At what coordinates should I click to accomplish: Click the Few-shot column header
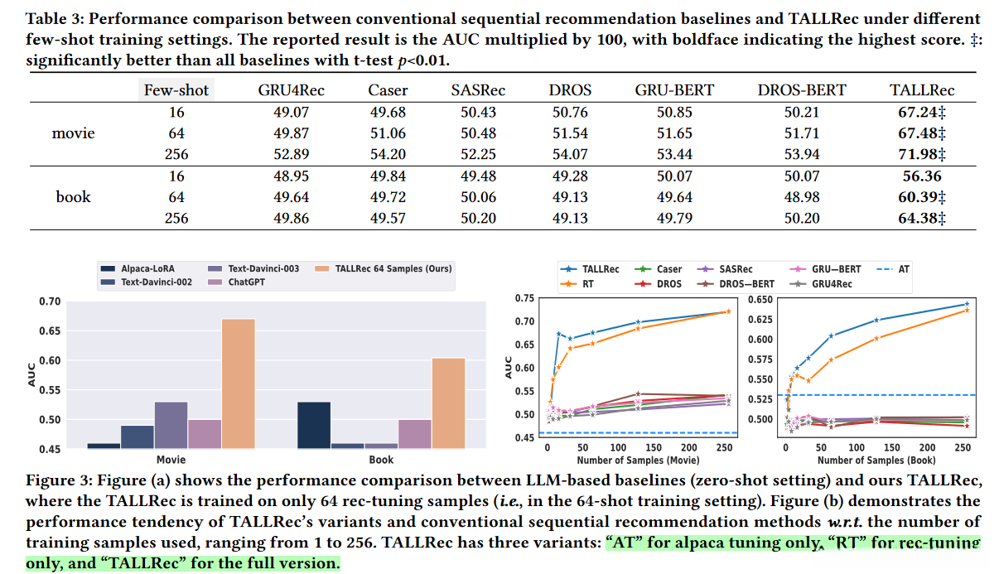coord(177,90)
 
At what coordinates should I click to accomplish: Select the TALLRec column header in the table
coord(921,90)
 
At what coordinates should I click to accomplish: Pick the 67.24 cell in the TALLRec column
coord(921,112)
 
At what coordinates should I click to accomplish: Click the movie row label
coord(73,133)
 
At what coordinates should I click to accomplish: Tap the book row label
coord(73,197)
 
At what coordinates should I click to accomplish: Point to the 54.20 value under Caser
coord(388,154)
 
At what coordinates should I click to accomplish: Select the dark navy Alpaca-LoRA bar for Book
coord(314,425)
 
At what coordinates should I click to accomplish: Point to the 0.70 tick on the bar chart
coord(51,301)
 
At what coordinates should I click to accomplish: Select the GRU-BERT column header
coord(673,90)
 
